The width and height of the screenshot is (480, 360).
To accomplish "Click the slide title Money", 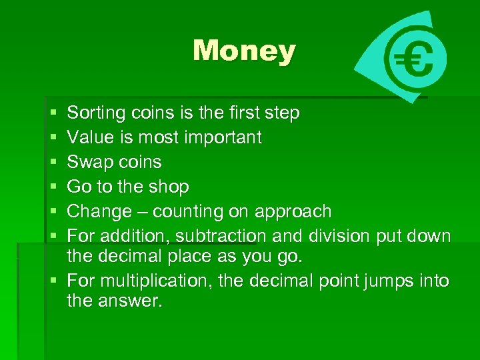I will pyautogui.click(x=244, y=51).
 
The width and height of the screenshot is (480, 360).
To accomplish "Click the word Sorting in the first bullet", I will pyautogui.click(x=95, y=113).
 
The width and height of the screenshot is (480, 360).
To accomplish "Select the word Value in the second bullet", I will pyautogui.click(x=90, y=138).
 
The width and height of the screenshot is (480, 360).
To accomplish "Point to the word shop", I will pyautogui.click(x=170, y=187).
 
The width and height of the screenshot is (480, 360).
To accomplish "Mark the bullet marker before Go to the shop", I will pyautogui.click(x=53, y=187).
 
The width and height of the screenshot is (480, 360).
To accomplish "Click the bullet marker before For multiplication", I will pyautogui.click(x=53, y=281).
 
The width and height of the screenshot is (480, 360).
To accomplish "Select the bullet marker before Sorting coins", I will pyautogui.click(x=53, y=113).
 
